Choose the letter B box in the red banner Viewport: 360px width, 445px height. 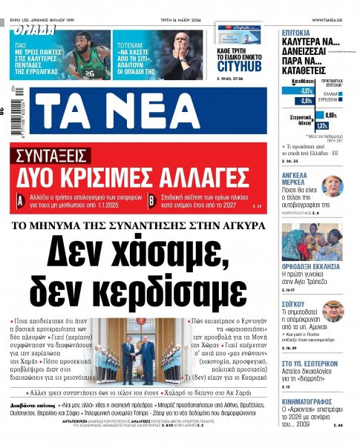coord(151,199)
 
